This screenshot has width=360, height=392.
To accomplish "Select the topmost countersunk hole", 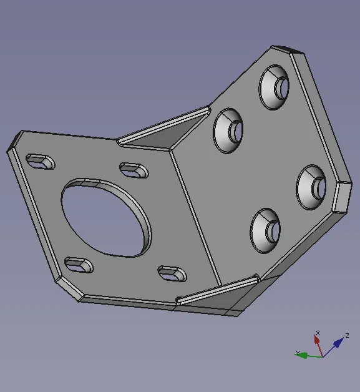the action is pyautogui.click(x=274, y=87).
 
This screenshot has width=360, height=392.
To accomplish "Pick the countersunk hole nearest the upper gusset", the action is pyautogui.click(x=228, y=130).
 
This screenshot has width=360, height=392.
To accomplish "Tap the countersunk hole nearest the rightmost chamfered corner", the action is pyautogui.click(x=311, y=187).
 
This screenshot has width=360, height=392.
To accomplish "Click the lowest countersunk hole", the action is pyautogui.click(x=265, y=231).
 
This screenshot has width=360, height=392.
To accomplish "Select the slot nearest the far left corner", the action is pyautogui.click(x=41, y=162).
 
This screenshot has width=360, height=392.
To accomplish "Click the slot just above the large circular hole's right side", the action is pyautogui.click(x=134, y=170).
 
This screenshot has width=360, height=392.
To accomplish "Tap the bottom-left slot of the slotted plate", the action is pyautogui.click(x=79, y=265).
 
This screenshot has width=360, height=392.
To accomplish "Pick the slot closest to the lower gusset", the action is pyautogui.click(x=172, y=274).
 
